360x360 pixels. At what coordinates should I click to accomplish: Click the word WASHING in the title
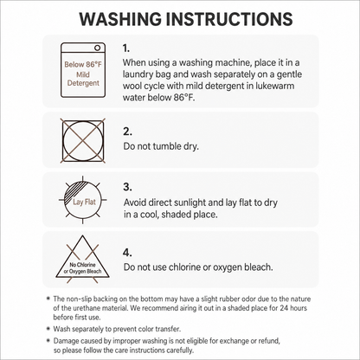[x=120, y=19]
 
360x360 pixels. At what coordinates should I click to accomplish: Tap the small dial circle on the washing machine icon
[x=98, y=48]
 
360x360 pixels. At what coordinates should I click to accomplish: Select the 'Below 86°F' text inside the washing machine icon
[x=83, y=64]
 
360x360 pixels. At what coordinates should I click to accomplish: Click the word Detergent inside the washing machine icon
[x=83, y=83]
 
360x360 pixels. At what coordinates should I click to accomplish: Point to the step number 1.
[x=126, y=48]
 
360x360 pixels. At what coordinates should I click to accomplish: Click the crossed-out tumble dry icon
[x=83, y=140]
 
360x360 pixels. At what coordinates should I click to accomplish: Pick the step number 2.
[x=127, y=132]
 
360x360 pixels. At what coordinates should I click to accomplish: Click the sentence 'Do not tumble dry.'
[x=161, y=146]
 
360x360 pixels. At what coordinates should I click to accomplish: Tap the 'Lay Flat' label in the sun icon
[x=84, y=202]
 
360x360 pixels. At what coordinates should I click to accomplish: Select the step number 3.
[x=127, y=187]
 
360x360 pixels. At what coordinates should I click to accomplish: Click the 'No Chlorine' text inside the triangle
[x=82, y=265]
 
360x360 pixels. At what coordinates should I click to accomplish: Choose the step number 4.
[x=127, y=253]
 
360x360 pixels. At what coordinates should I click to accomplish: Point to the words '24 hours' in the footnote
[x=293, y=308]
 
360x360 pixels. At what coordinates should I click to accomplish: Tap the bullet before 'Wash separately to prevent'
[x=48, y=329]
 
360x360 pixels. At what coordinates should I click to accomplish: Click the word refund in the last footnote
[x=270, y=341]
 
